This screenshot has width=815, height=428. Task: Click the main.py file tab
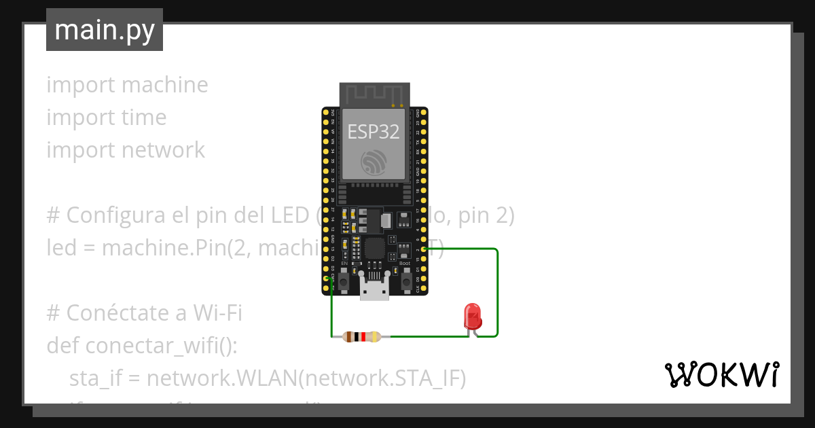(x=104, y=30)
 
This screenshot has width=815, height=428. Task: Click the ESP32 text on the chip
(x=374, y=131)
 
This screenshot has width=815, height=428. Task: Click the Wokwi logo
(x=721, y=374)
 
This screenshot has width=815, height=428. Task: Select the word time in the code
(x=143, y=118)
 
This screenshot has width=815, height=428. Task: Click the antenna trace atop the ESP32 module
(x=375, y=94)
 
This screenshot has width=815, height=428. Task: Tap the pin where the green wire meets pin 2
(x=424, y=249)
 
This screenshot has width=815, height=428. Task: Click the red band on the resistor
(x=364, y=336)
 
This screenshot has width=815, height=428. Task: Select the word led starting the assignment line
(x=61, y=248)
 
